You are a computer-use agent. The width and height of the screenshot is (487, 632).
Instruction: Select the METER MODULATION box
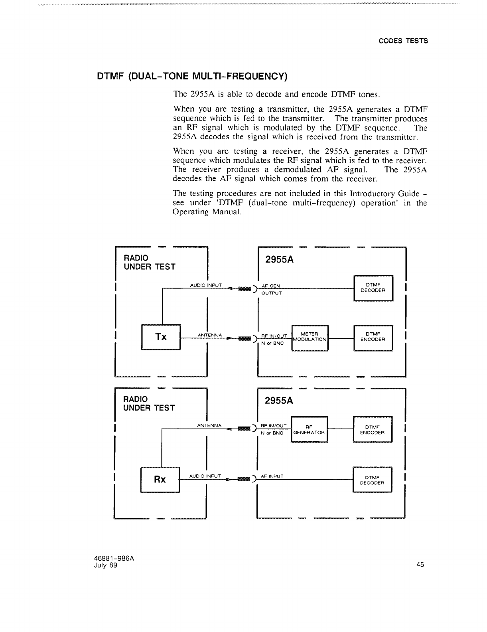point(310,337)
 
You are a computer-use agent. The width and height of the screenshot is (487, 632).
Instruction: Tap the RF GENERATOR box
point(310,429)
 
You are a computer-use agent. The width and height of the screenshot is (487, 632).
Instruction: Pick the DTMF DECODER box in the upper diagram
point(373,287)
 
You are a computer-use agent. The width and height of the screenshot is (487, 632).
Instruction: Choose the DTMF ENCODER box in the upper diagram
point(373,337)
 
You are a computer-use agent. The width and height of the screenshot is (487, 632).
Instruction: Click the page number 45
point(420,564)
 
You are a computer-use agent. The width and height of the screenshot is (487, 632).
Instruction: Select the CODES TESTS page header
point(403,41)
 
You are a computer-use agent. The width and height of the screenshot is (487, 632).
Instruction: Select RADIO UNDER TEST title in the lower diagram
point(149,403)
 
